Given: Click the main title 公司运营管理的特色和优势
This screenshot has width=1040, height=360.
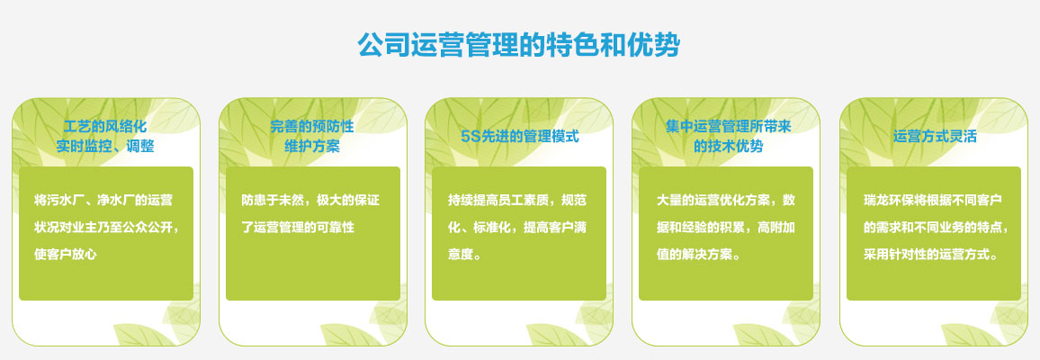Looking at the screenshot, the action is [519, 45].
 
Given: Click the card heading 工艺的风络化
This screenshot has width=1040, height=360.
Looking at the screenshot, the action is [105, 126].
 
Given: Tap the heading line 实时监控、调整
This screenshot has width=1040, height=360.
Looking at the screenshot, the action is [105, 147].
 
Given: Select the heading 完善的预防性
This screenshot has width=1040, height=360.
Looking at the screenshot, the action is [312, 126].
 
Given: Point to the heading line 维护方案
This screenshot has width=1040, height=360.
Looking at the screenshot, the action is [312, 147].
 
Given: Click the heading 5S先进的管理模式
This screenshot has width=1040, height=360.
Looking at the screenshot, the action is [520, 137].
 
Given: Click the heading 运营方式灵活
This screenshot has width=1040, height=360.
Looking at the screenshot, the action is [935, 137].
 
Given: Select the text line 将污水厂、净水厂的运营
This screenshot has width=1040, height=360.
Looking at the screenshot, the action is [103, 200].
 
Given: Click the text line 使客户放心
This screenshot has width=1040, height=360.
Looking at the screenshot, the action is [65, 254].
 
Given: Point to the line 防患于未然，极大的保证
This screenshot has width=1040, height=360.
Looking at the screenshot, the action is [310, 200].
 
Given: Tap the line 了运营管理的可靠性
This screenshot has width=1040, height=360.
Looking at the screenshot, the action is [298, 227].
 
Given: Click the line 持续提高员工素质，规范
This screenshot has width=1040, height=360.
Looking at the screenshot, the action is [517, 200].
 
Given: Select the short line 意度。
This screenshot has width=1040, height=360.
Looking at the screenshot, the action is [464, 254].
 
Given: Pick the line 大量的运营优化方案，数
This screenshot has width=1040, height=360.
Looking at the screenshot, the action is [726, 200].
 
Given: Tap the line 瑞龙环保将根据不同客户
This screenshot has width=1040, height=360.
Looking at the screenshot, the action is [932, 200].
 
